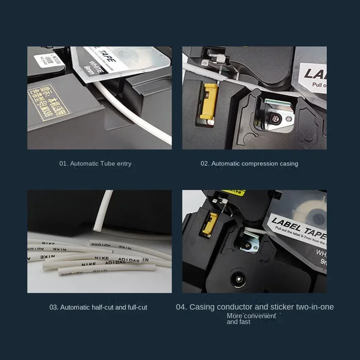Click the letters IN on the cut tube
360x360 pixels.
click(x=146, y=260)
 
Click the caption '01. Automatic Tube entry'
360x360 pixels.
click(x=95, y=163)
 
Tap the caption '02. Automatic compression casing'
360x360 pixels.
click(x=249, y=163)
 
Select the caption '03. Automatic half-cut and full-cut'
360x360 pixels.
click(x=98, y=307)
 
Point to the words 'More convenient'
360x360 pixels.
click(x=251, y=316)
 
